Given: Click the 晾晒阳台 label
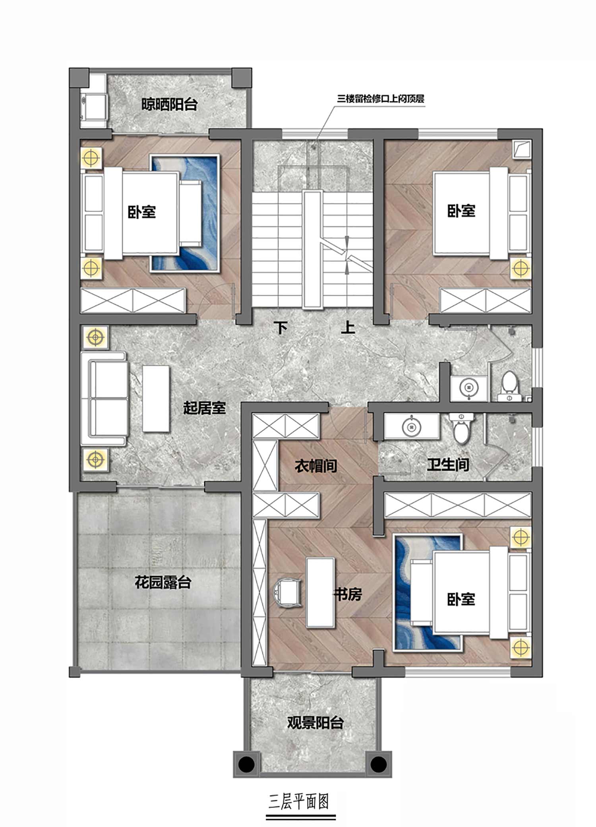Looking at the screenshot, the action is coord(170,105).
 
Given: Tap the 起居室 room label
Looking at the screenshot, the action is coord(204,408).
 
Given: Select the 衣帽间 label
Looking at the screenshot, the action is coord(316,465).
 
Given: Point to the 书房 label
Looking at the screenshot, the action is coord(348,595).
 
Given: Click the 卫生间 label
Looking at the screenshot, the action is coord(448,464).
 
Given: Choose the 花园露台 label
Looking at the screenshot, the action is coord(163,583).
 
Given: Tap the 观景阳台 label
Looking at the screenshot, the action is coord(315,722).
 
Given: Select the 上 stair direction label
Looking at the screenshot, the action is coord(348,327).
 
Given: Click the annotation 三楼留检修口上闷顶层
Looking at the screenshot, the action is coord(381,99).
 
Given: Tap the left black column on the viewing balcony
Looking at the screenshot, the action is coord(246,764).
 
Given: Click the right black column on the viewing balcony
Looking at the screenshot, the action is coord(378,764).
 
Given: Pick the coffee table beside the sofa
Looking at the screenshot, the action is coord(156,398).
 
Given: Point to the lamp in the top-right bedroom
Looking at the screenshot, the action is coord(521,269).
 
